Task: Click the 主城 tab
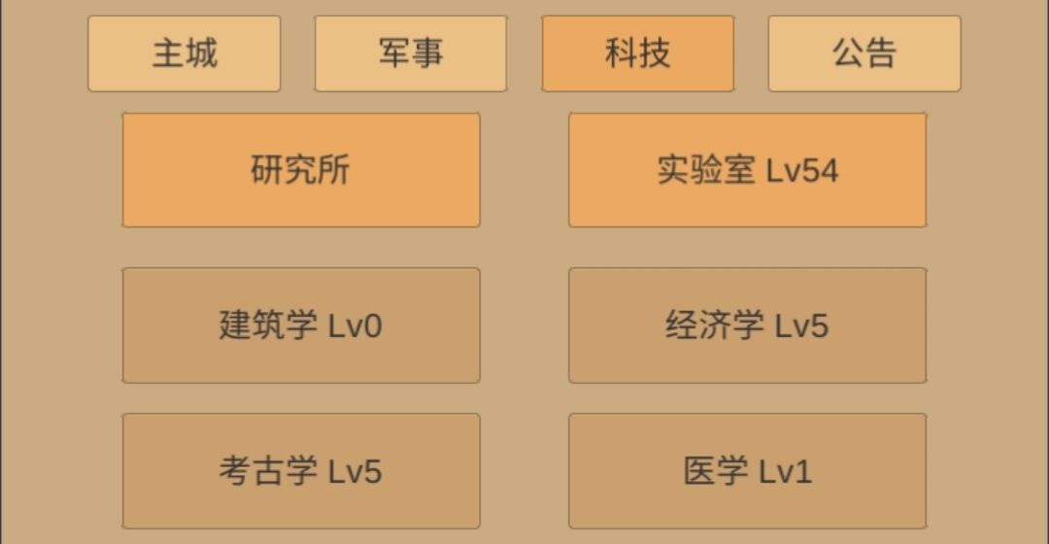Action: click(x=184, y=53)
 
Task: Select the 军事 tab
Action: click(x=411, y=53)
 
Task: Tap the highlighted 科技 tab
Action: click(x=637, y=53)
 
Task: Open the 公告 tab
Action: click(x=864, y=53)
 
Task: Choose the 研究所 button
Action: click(x=301, y=170)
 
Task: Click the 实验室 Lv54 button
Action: click(x=747, y=170)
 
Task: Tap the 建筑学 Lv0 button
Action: click(x=301, y=325)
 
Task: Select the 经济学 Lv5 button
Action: click(x=747, y=325)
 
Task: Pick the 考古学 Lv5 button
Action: click(x=301, y=471)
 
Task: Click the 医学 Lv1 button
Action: click(x=747, y=471)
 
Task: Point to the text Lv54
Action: click(x=801, y=171)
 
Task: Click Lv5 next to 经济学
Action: click(x=801, y=326)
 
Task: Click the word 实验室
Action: click(x=706, y=170)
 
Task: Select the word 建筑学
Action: click(x=268, y=325)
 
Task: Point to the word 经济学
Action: click(x=715, y=325)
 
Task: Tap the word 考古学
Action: click(x=268, y=470)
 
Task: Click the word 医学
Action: click(x=715, y=470)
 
